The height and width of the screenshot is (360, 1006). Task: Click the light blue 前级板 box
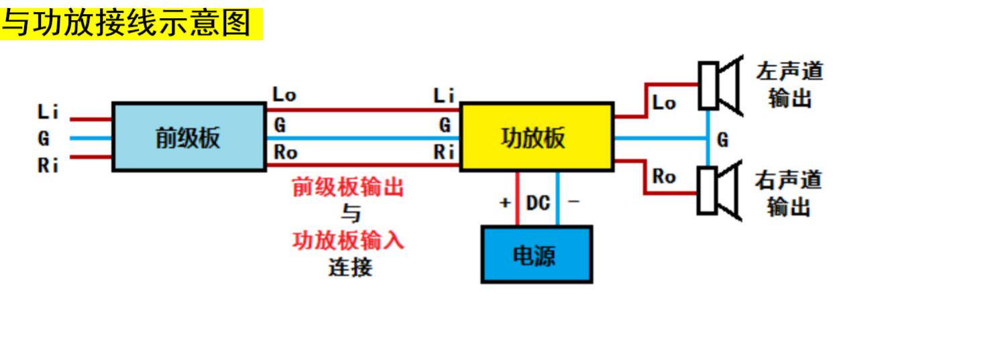pyautogui.click(x=188, y=137)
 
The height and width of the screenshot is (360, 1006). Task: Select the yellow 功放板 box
pyautogui.click(x=536, y=137)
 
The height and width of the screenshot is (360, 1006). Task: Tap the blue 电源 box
pyautogui.click(x=537, y=255)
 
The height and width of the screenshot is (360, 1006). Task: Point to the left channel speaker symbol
pyautogui.click(x=719, y=85)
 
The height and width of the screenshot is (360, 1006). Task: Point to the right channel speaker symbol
pyautogui.click(x=719, y=191)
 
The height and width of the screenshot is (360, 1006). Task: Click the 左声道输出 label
pyautogui.click(x=789, y=84)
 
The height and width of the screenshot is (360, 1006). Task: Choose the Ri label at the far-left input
pyautogui.click(x=48, y=165)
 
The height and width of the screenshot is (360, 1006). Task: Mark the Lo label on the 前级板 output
pyautogui.click(x=284, y=95)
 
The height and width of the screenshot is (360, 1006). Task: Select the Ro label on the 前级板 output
pyautogui.click(x=285, y=153)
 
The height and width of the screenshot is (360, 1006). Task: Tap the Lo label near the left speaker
pyautogui.click(x=664, y=104)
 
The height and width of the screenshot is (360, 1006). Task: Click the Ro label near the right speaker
pyautogui.click(x=664, y=177)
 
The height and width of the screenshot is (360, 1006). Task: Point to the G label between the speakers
pyautogui.click(x=722, y=140)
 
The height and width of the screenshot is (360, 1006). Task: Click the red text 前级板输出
pyautogui.click(x=348, y=187)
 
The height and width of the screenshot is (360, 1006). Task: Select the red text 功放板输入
pyautogui.click(x=348, y=240)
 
